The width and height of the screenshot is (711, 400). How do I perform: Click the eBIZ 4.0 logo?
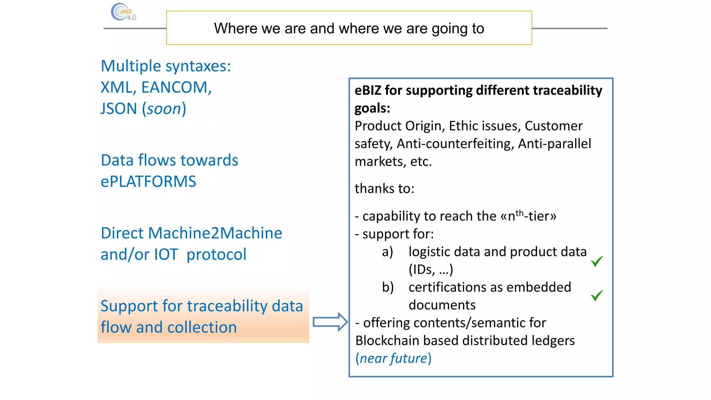click(x=123, y=12)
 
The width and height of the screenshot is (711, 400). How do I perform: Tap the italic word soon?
click(x=164, y=109)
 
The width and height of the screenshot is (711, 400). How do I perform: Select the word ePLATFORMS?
click(x=148, y=182)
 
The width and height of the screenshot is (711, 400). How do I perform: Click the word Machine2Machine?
click(x=215, y=233)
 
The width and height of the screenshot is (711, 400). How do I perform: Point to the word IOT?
click(x=166, y=255)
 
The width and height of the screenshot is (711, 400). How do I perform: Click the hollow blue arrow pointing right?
click(x=329, y=322)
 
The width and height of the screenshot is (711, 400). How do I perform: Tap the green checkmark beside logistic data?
click(x=597, y=261)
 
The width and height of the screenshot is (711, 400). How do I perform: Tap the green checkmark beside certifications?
click(x=597, y=295)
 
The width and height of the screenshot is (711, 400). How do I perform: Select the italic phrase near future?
click(x=393, y=358)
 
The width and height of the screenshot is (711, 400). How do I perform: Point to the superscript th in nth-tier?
click(x=519, y=213)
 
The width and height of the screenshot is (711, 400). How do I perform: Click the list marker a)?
click(x=387, y=252)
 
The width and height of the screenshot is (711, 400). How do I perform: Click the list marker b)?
click(x=388, y=287)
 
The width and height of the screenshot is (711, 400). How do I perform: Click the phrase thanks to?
click(x=384, y=189)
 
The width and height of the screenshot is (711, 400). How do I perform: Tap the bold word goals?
click(x=372, y=108)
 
